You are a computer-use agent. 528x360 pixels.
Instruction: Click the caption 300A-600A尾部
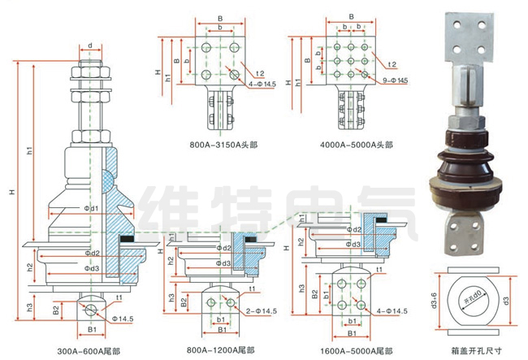(x=89, y=351)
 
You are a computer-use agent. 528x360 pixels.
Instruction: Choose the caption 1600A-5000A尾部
(x=350, y=351)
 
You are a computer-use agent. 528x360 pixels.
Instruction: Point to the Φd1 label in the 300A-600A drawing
(x=90, y=209)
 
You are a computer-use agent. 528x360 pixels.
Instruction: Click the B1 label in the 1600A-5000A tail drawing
(x=351, y=334)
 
